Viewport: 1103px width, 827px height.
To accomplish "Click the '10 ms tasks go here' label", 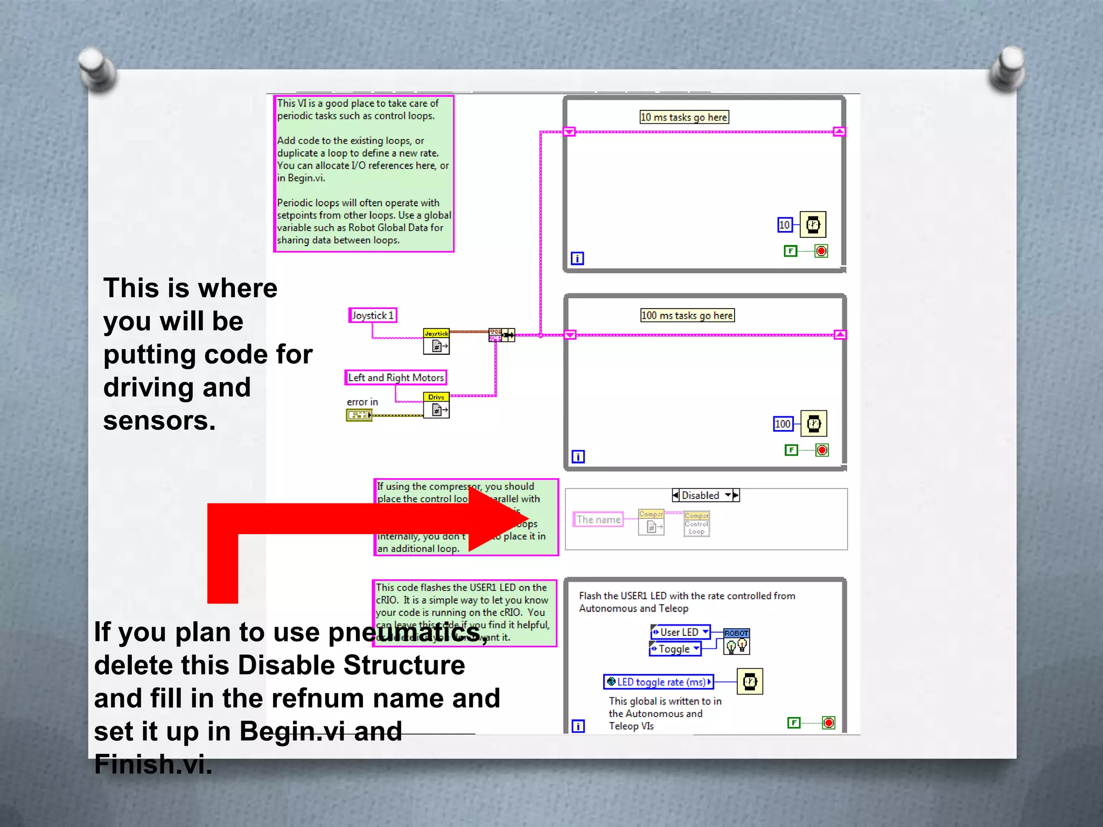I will (x=684, y=117).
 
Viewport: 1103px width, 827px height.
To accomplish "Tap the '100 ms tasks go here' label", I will (x=687, y=316).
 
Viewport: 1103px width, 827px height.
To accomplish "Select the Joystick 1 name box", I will (x=373, y=316).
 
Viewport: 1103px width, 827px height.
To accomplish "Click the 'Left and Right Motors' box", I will (x=396, y=378).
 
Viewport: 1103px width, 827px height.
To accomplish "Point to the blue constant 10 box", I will (x=785, y=225).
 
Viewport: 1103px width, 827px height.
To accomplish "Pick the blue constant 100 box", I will (x=783, y=424).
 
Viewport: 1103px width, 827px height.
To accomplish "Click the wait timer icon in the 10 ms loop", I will (x=813, y=225).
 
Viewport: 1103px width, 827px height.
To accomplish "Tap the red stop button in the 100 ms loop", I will (x=822, y=450).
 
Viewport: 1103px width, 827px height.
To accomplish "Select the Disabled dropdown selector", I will (x=706, y=495).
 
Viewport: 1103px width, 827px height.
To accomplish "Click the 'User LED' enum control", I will (x=681, y=632).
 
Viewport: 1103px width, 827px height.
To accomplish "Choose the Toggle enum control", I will (x=675, y=649).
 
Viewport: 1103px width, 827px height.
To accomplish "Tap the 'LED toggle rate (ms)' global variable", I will (x=659, y=682).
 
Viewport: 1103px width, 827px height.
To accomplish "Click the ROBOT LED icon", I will (x=736, y=641).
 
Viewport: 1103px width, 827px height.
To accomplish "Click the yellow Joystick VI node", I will (x=436, y=342).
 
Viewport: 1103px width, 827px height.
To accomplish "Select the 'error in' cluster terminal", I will (x=359, y=415).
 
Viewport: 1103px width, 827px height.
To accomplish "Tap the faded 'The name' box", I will (x=598, y=520).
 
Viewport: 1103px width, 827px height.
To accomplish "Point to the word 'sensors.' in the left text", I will (x=159, y=421).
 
